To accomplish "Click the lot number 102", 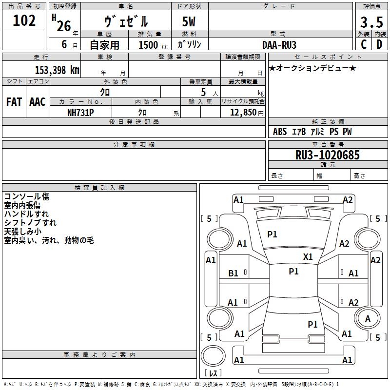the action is click(x=24, y=21).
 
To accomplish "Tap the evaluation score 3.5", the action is click(x=371, y=23).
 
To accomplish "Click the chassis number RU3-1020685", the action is click(x=328, y=155).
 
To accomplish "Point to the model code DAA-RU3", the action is click(x=279, y=44).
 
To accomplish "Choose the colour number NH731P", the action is click(x=80, y=112).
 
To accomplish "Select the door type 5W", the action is click(x=189, y=22).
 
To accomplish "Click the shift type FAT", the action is click(x=14, y=102).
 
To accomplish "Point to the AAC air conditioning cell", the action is click(x=38, y=102).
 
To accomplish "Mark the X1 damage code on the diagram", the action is click(x=308, y=256).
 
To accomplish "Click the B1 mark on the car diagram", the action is click(x=234, y=273).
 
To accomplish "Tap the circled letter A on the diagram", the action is click(x=368, y=318).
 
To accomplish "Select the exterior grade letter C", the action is click(x=364, y=44).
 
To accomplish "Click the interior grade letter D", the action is click(x=380, y=44).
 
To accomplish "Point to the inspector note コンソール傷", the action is click(x=26, y=196).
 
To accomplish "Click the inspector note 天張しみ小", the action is click(x=23, y=232).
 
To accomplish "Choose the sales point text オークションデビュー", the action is click(x=312, y=68).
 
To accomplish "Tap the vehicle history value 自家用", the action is click(x=104, y=45).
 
